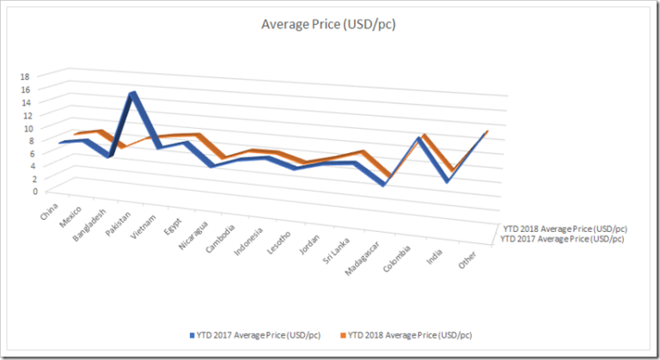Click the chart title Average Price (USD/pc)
click(328, 24)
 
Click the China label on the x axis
click(49, 210)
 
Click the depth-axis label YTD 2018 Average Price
click(565, 229)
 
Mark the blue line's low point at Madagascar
click(383, 184)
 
